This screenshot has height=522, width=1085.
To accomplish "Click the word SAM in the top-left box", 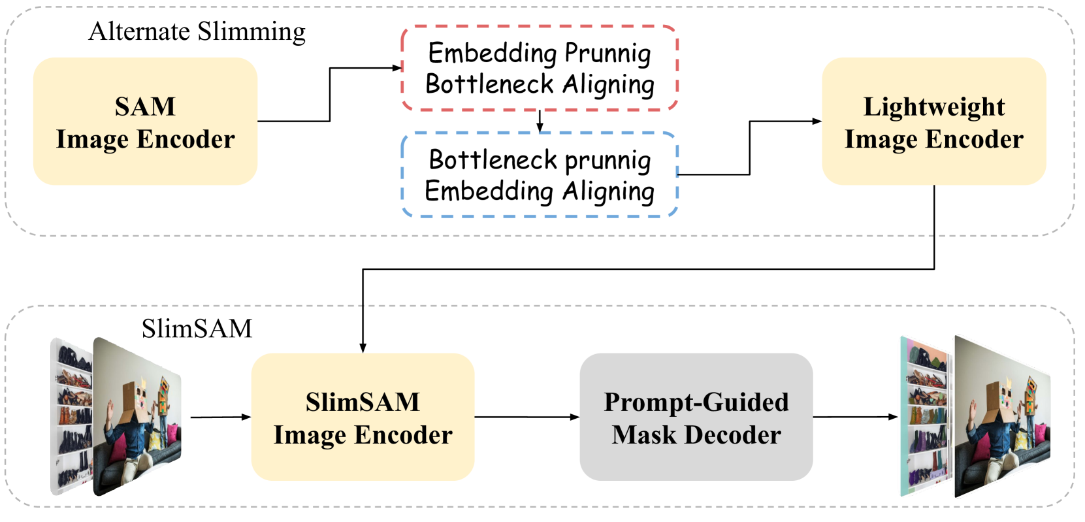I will [x=145, y=106].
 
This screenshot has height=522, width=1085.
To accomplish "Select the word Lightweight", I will [x=933, y=106].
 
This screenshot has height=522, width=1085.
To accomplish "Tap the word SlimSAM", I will [x=363, y=402].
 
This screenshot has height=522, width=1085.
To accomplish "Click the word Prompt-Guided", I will [x=696, y=402].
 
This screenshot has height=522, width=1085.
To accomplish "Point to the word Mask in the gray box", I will [x=643, y=435].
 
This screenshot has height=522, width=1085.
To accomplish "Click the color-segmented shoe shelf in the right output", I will [x=924, y=418].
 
